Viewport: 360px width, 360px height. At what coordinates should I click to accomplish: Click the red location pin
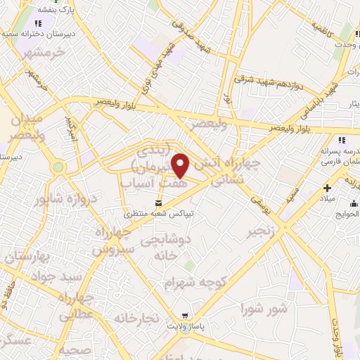(181, 166)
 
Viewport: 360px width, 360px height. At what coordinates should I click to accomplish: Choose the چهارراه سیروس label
(111, 241)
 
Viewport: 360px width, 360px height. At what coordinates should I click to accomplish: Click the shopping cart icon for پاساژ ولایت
(184, 316)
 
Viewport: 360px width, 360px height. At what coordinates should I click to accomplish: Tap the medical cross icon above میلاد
(326, 188)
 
